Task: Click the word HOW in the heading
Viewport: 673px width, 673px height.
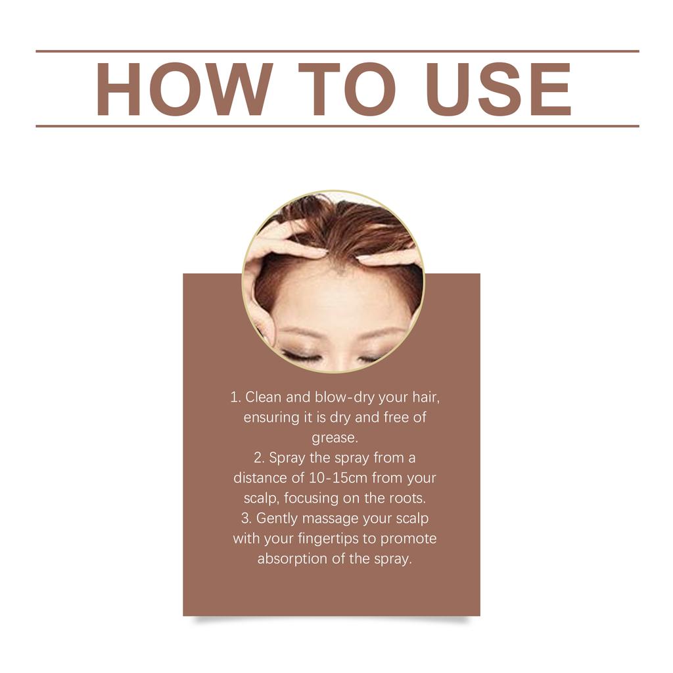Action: (184, 89)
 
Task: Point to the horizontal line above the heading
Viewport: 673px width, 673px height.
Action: (336, 51)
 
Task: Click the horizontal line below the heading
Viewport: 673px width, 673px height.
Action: (336, 126)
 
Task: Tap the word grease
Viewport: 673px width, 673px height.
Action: (335, 438)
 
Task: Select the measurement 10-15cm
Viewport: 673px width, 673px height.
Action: (338, 478)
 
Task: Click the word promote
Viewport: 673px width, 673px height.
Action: (408, 539)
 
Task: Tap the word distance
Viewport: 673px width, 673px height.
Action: (260, 478)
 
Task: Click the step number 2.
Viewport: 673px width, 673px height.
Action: (258, 458)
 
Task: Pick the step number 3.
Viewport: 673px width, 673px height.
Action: (246, 519)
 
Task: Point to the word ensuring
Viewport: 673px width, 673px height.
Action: (269, 418)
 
